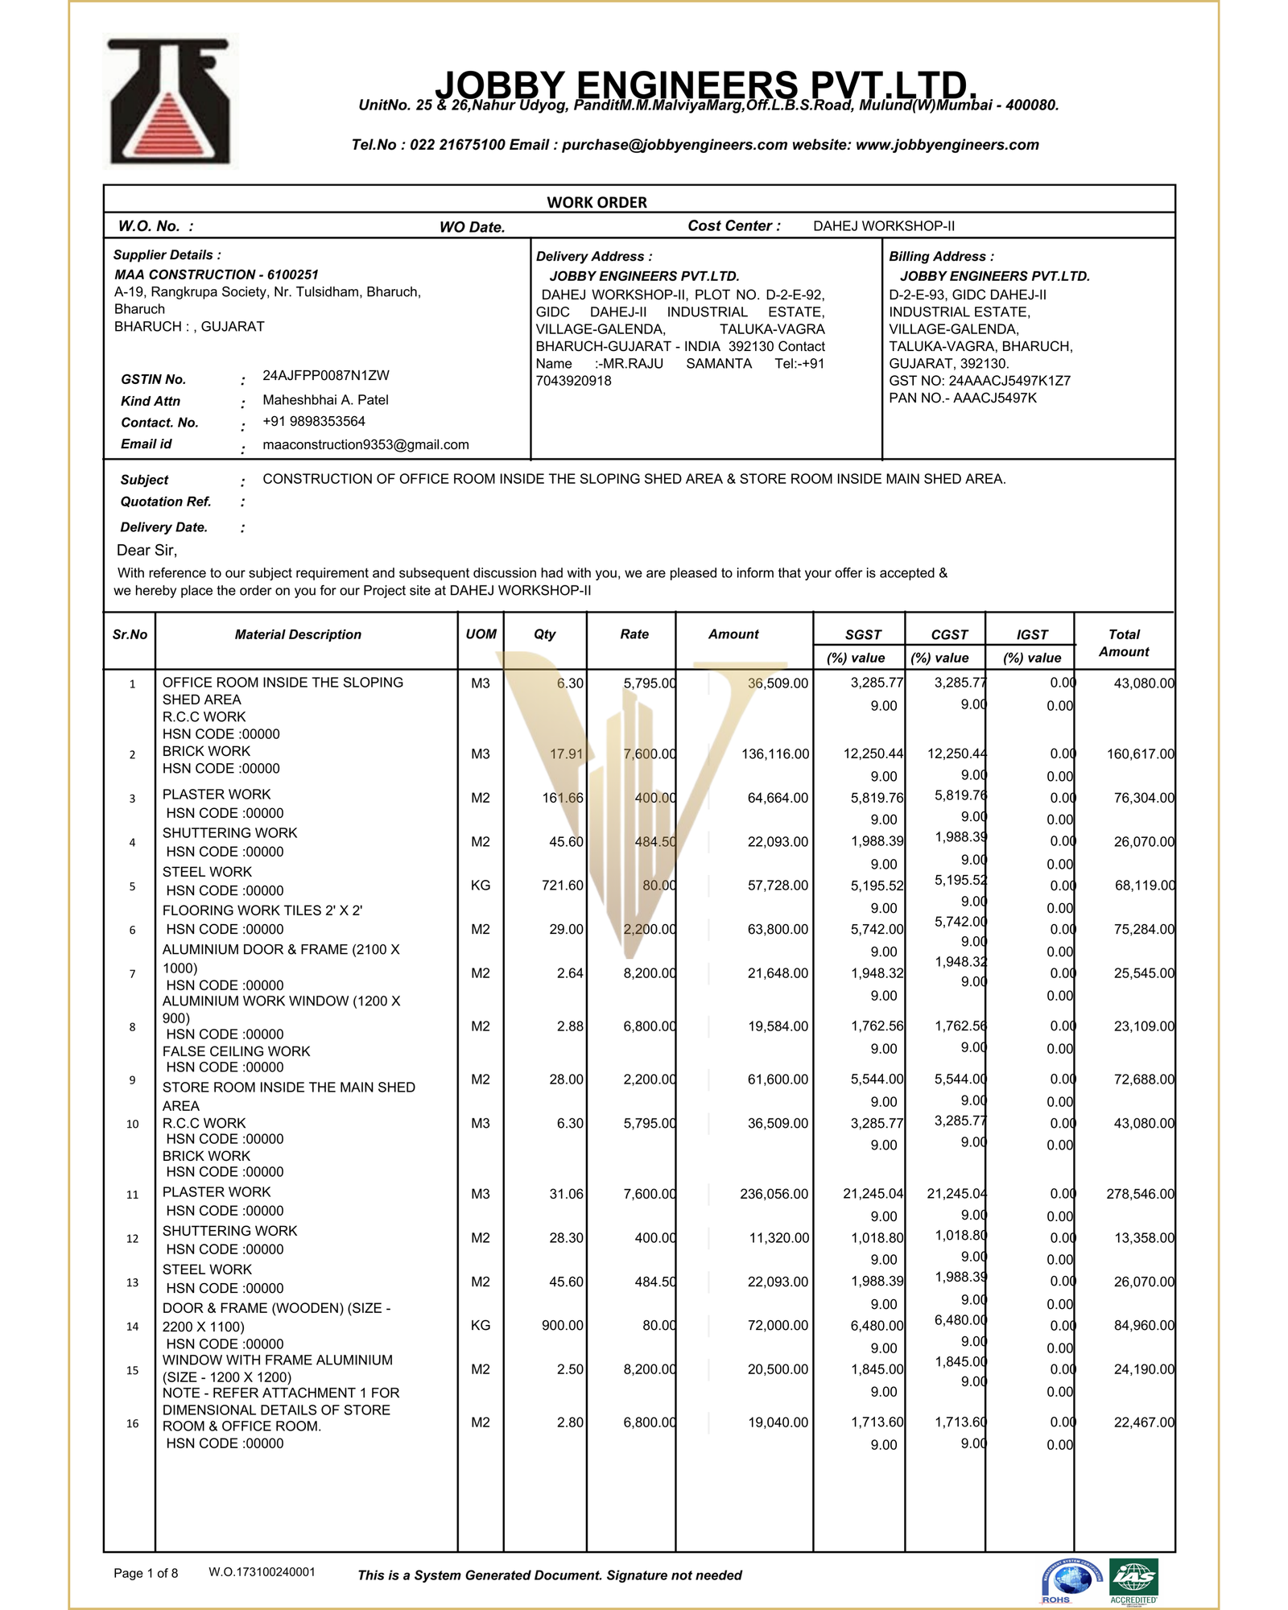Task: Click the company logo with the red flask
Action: [x=170, y=102]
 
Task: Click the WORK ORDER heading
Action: [x=597, y=202]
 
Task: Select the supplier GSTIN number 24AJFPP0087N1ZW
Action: [x=325, y=376]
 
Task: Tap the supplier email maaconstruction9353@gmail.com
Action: [x=365, y=444]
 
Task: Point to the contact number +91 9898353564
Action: [x=313, y=422]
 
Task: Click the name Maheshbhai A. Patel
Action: [x=325, y=400]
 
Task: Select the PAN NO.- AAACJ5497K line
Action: [x=962, y=398]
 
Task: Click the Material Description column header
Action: [x=298, y=634]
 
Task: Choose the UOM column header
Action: [x=481, y=634]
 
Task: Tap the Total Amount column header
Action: [x=1124, y=643]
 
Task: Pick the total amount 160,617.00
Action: [x=1140, y=754]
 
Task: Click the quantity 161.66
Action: [x=563, y=799]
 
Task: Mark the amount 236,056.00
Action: [x=774, y=1194]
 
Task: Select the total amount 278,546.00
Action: [x=1140, y=1194]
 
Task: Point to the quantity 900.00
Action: [x=563, y=1325]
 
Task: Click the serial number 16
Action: [x=132, y=1423]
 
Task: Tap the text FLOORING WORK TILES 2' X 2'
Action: [x=262, y=910]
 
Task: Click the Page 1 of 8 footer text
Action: [x=146, y=1573]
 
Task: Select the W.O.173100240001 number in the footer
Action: [x=262, y=1572]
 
